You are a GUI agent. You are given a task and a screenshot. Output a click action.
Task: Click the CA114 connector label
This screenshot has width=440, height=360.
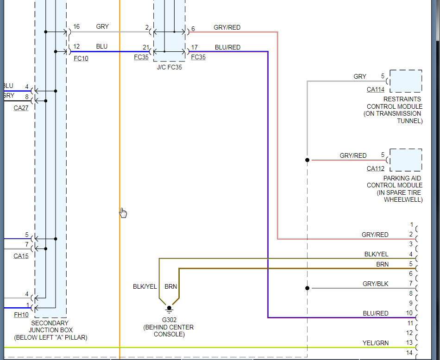pos(376,90)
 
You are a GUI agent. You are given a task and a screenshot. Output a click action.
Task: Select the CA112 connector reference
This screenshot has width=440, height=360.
pos(376,168)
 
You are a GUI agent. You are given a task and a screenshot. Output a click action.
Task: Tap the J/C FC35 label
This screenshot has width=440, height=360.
pos(170,67)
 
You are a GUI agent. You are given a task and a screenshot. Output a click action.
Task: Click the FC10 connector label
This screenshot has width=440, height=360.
pos(81,59)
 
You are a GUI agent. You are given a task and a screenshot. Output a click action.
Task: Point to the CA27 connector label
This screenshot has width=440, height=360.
pos(21,108)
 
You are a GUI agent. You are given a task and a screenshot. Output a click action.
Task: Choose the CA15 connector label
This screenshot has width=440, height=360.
pos(21,256)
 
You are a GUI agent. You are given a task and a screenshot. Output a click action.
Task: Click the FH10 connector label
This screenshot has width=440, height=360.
pos(21,315)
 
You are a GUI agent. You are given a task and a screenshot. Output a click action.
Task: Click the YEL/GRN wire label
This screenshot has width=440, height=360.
pos(375,343)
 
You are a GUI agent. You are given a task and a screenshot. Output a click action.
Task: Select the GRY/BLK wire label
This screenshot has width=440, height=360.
pos(375,283)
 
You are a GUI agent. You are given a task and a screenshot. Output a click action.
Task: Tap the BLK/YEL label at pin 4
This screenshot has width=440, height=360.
pos(376,254)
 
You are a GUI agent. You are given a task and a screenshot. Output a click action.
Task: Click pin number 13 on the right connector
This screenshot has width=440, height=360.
pos(409,343)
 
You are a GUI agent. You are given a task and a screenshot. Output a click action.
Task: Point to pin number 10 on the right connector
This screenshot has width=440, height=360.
pos(409,313)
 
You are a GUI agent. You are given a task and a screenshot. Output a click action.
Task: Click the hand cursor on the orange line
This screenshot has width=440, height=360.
pos(123,213)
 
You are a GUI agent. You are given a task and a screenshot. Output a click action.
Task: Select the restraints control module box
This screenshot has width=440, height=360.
pos(406,81)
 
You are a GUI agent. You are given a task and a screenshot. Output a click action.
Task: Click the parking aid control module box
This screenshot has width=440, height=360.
pos(406,160)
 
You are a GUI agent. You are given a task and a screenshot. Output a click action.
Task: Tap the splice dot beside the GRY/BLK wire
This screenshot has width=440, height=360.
pos(307,288)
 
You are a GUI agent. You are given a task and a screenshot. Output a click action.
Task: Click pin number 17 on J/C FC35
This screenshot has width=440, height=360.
pos(195,47)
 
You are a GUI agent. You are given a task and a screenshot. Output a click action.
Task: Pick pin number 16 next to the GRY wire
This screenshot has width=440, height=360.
pos(76,27)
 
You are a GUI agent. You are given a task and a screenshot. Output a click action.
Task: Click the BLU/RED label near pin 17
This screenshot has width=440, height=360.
pos(227,47)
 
